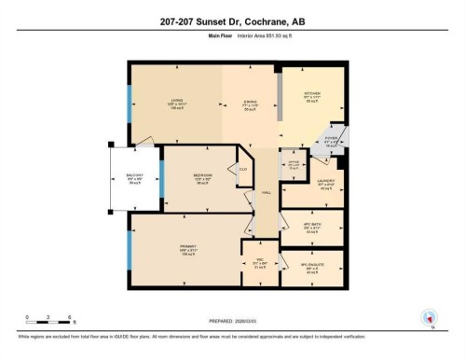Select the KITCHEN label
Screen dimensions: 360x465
(x=312, y=93)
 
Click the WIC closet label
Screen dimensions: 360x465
(x=260, y=262)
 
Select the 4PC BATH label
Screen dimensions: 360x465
(x=312, y=227)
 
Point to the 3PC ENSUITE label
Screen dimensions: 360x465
(x=312, y=266)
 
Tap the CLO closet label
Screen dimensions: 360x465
(x=241, y=169)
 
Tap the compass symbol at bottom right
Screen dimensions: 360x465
(x=429, y=317)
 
